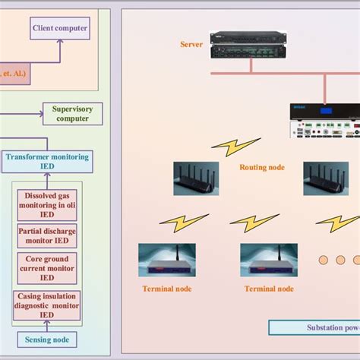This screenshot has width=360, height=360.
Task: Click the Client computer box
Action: point(59,30)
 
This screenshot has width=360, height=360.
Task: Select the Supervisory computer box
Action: point(72,114)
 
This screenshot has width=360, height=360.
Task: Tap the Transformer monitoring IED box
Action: point(47,161)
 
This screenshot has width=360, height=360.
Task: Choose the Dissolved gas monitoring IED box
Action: point(47,204)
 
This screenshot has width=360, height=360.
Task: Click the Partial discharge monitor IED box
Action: point(47,235)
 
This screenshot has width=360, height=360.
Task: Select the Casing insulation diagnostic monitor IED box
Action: point(47,305)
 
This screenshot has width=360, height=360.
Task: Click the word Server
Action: point(191,45)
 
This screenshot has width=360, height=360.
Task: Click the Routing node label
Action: point(262,167)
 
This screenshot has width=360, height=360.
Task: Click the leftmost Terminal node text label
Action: point(166,289)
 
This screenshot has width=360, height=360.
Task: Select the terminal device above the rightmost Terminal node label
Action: point(268,260)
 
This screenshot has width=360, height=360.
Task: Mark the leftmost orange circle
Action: point(323,260)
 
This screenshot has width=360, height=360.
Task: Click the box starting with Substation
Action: point(314,328)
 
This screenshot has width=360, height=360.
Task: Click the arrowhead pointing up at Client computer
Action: point(59,44)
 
